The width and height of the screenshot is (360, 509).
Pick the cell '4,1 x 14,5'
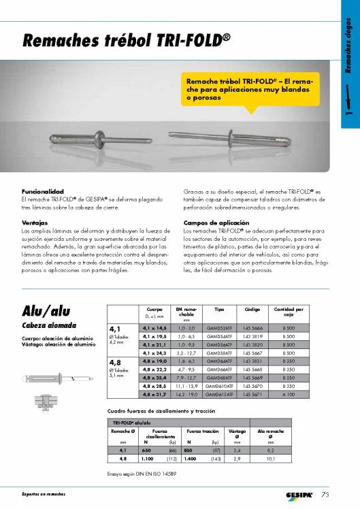155,327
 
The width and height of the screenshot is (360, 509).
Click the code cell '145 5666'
252,327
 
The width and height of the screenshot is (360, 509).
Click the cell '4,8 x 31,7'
155,394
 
